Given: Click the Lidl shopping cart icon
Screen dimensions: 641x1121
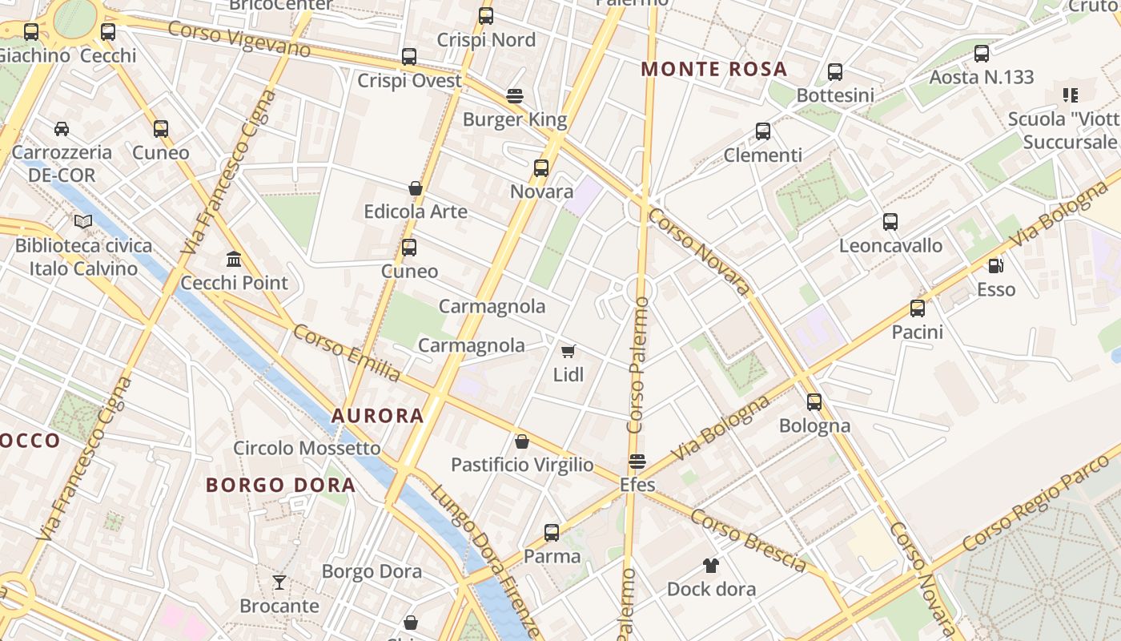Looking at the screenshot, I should tap(569, 351).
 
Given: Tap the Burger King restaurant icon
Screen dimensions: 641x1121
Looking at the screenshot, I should tap(515, 97).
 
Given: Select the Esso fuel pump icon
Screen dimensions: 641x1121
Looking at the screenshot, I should tap(995, 266).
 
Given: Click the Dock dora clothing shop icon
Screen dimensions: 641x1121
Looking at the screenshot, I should tap(710, 566).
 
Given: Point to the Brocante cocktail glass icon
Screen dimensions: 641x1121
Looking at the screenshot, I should tap(279, 582).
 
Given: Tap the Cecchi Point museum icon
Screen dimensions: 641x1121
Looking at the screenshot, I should tap(234, 259).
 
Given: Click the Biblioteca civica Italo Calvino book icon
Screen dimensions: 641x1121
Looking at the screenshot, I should tap(83, 221).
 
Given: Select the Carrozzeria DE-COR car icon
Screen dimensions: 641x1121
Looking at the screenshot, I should tap(62, 128).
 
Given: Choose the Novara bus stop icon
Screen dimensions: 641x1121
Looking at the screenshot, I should tap(541, 168).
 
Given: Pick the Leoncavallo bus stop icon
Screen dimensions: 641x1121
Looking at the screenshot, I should tap(890, 222).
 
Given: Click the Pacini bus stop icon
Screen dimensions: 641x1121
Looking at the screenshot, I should tap(918, 308).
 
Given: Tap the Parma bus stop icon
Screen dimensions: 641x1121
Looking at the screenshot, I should tap(552, 532).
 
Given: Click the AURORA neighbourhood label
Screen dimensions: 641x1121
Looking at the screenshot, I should tap(377, 415).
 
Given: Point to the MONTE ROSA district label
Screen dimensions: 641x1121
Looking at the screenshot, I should tap(714, 69).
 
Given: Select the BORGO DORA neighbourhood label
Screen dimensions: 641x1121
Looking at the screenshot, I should tap(280, 485).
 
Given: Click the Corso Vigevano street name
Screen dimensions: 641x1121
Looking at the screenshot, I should tap(239, 39).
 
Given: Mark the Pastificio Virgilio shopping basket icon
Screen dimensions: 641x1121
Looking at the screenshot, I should tap(522, 441).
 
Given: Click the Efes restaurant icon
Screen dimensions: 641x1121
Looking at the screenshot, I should tap(637, 462).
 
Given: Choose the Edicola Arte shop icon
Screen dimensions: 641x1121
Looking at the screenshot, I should tap(416, 188).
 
